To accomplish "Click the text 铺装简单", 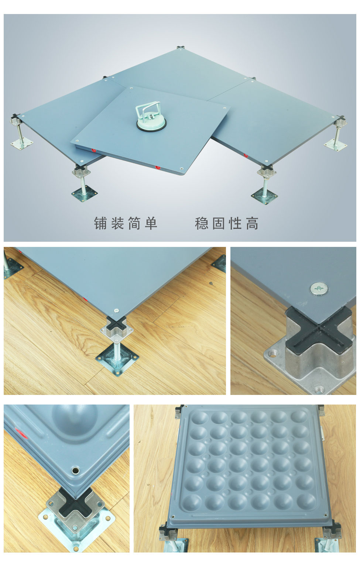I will [126, 223].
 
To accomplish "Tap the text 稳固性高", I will [227, 223].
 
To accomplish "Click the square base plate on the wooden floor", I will [117, 358].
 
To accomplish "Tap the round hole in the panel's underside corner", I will [76, 470].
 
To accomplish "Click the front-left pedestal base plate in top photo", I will [85, 194].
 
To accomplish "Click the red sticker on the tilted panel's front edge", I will [158, 168].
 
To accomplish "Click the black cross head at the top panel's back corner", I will [181, 47].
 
